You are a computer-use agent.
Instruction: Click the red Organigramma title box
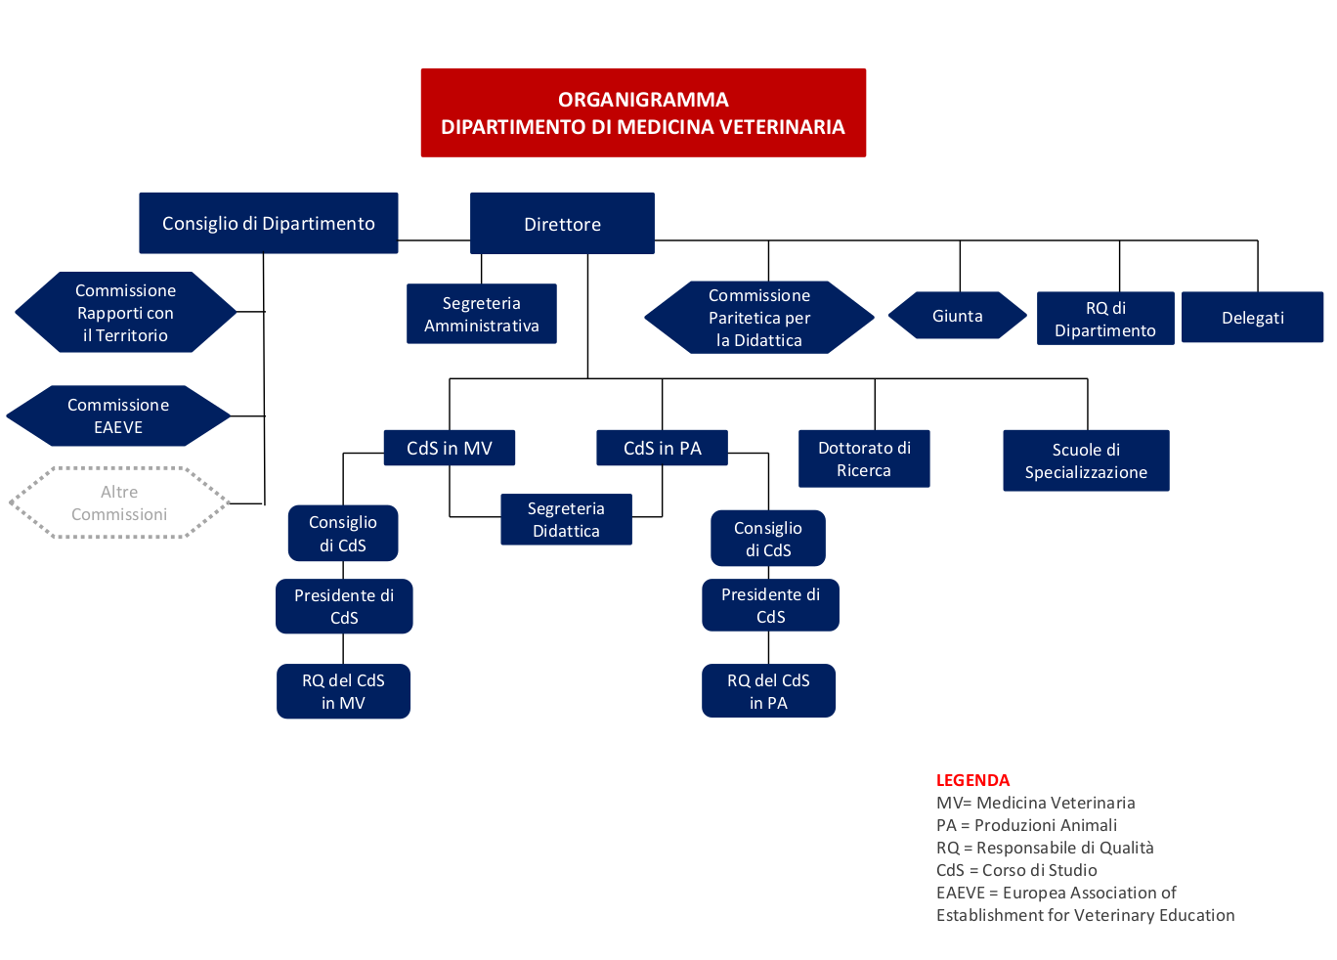[x=643, y=112]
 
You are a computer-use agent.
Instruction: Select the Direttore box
[x=562, y=224]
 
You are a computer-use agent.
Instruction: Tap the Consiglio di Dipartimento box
[x=268, y=223]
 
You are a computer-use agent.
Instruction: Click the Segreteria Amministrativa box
[x=481, y=314]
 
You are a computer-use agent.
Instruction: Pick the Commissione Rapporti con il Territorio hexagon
[x=125, y=313]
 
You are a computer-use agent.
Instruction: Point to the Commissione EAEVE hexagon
[x=118, y=415]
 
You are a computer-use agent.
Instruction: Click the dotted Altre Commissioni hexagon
[x=119, y=502]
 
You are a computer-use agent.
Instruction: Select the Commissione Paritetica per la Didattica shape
[x=758, y=318]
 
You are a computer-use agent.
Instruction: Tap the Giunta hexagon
[x=957, y=316]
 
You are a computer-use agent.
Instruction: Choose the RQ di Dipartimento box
[x=1105, y=319]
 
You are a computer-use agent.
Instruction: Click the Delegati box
[x=1252, y=318]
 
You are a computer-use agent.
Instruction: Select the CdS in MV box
[x=449, y=448]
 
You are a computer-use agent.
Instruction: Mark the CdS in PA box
[x=662, y=448]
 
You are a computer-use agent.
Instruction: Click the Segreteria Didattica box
[x=566, y=519]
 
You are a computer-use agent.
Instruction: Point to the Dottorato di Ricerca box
[x=864, y=458]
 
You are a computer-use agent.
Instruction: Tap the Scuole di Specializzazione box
[x=1086, y=460]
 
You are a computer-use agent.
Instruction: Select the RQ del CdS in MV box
[x=343, y=691]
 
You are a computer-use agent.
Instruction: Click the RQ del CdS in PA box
[x=768, y=691]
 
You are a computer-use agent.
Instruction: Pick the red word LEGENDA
[x=972, y=780]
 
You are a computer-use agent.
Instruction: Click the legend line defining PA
[x=1026, y=825]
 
